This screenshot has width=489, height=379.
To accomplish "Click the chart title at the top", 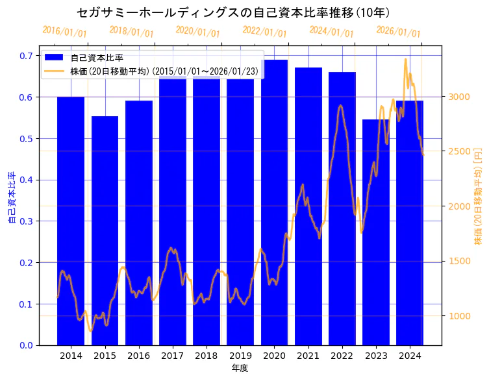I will [x=233, y=12].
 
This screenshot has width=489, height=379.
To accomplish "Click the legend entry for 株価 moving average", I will [x=163, y=71].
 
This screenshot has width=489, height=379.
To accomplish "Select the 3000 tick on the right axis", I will [x=458, y=97].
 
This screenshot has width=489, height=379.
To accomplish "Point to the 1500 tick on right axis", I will [x=458, y=261].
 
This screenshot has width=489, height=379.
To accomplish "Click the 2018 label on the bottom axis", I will [x=207, y=356].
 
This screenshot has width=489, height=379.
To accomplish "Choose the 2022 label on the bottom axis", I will [x=342, y=356].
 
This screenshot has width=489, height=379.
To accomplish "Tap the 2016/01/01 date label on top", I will [x=64, y=32].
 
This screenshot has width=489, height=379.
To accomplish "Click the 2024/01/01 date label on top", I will [x=331, y=32].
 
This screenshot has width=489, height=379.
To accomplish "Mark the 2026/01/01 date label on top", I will [x=398, y=32].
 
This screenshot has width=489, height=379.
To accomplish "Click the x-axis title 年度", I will [x=240, y=368].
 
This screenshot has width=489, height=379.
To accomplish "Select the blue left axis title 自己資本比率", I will [x=12, y=198].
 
